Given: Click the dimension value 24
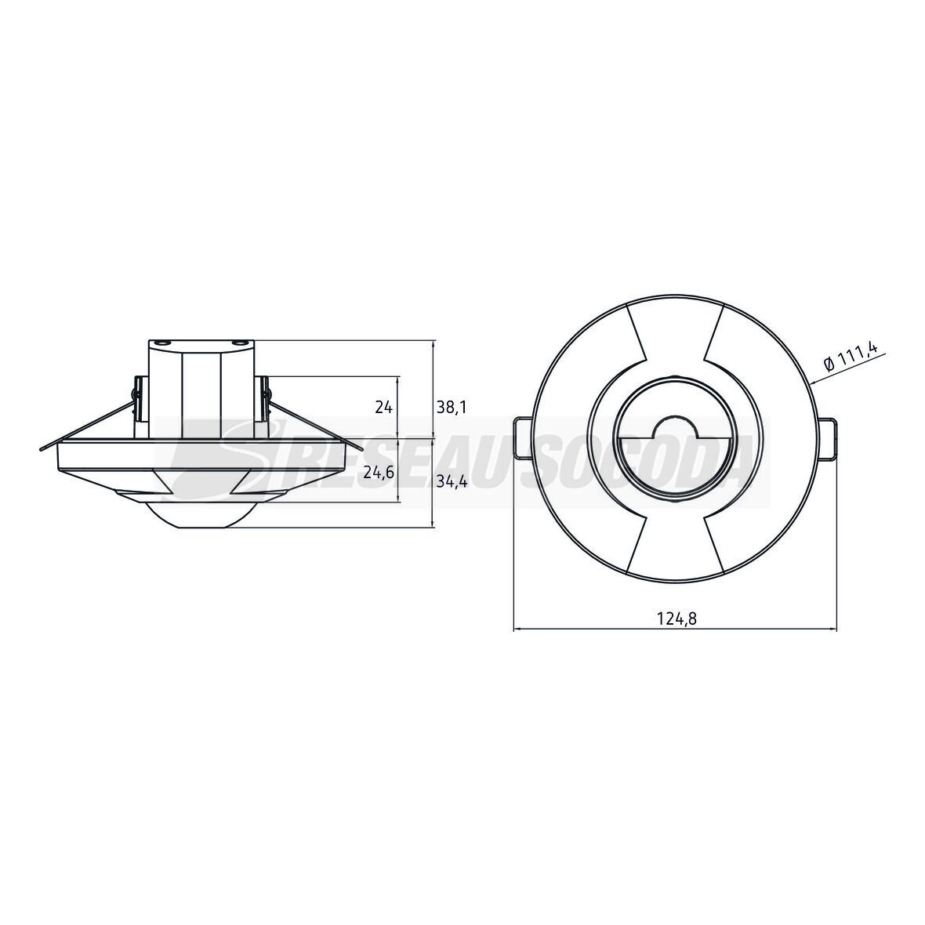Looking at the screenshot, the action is (383, 407).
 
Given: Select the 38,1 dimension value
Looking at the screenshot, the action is (452, 407).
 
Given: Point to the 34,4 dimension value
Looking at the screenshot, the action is (452, 483).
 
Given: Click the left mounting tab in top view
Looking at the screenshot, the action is (523, 438).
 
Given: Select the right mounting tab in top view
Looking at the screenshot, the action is (827, 438).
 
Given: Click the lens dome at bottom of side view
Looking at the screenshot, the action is (201, 516).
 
